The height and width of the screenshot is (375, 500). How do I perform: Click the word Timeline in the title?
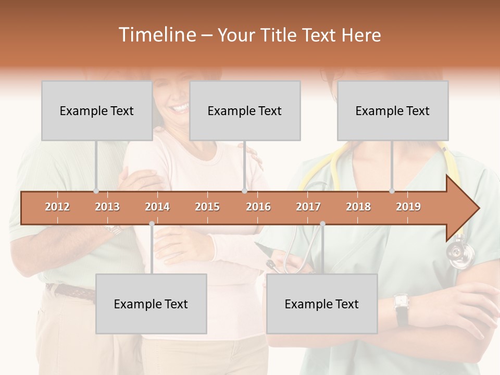(x=156, y=35)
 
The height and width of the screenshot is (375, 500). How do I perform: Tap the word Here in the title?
(x=361, y=35)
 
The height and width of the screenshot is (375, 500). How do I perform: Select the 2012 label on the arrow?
(x=57, y=207)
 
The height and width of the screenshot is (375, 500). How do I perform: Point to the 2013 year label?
(x=107, y=207)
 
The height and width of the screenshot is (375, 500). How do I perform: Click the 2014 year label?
(x=157, y=207)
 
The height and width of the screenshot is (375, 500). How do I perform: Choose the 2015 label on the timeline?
(x=207, y=207)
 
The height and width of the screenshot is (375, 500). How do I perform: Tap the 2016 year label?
(x=258, y=207)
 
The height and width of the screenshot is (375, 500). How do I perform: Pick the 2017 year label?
(x=308, y=207)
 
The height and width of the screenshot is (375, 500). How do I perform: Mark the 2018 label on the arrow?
(x=358, y=207)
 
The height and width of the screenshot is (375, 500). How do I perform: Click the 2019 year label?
(x=408, y=207)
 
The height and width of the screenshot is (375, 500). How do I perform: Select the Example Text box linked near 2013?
(x=97, y=110)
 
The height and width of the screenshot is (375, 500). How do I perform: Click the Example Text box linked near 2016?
(x=245, y=110)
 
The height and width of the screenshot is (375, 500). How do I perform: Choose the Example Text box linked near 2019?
(x=393, y=110)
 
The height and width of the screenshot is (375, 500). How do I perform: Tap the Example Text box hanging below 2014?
(x=151, y=304)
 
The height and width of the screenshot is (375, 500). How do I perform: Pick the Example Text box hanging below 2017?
(x=322, y=304)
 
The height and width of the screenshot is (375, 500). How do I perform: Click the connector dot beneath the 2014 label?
(x=152, y=223)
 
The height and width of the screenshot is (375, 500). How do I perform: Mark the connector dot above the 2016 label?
(x=244, y=191)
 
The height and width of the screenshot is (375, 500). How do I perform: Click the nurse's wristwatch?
(x=401, y=302)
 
